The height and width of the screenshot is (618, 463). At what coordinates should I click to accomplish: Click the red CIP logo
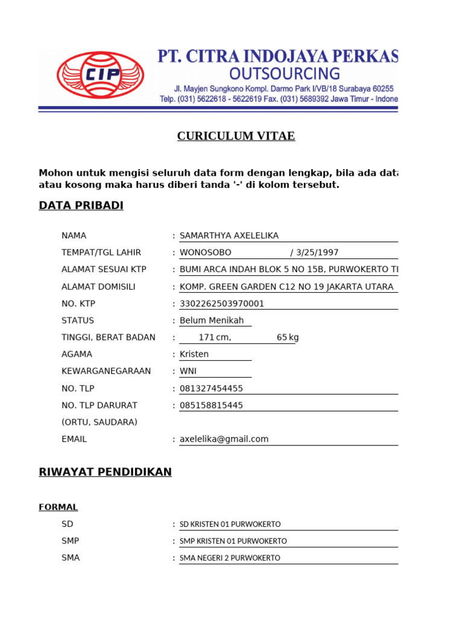(x=100, y=74)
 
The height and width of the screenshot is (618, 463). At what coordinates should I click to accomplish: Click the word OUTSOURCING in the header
(x=285, y=74)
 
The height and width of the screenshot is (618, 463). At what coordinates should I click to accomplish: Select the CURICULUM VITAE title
(x=236, y=136)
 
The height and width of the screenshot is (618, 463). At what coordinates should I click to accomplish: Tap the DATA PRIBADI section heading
(x=81, y=206)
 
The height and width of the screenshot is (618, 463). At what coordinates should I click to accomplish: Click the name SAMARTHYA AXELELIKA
(x=229, y=236)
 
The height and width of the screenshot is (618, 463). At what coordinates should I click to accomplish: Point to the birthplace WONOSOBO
(x=205, y=253)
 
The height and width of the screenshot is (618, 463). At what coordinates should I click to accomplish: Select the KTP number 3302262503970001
(x=222, y=304)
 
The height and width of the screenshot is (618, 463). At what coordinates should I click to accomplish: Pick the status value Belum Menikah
(x=212, y=320)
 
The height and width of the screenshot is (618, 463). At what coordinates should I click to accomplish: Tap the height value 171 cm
(x=215, y=337)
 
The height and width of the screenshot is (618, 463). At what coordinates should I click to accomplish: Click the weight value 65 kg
(x=288, y=337)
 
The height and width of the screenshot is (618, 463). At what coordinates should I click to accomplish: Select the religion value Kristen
(x=194, y=354)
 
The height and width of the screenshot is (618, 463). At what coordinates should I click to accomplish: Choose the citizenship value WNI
(x=188, y=371)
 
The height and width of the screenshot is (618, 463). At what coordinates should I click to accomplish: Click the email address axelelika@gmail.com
(x=224, y=439)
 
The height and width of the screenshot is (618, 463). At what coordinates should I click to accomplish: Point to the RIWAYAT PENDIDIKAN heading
(x=105, y=472)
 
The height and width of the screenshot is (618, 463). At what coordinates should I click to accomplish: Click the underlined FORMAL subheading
(x=58, y=508)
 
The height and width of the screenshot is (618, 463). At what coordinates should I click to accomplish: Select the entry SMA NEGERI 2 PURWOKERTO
(x=230, y=558)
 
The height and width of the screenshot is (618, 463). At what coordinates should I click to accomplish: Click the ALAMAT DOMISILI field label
(x=98, y=287)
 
